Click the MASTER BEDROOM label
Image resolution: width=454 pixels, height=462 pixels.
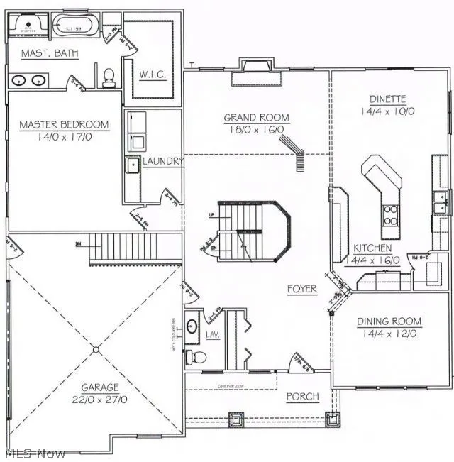[64, 125]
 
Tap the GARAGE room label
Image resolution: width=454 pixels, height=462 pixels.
[99, 387]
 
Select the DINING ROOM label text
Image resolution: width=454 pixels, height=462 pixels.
[389, 321]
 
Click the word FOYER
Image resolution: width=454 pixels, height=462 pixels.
[301, 290]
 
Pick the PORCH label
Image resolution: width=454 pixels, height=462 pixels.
[302, 396]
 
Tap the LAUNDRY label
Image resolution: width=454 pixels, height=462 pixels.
[163, 162]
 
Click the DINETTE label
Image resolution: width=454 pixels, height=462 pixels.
[387, 99]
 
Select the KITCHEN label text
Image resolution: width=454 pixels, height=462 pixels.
[372, 248]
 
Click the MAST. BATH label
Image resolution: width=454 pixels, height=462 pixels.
[49, 54]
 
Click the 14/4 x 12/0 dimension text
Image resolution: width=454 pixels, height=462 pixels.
[389, 332]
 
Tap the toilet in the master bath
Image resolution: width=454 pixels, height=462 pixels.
[109, 76]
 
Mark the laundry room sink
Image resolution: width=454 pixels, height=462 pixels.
[133, 166]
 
